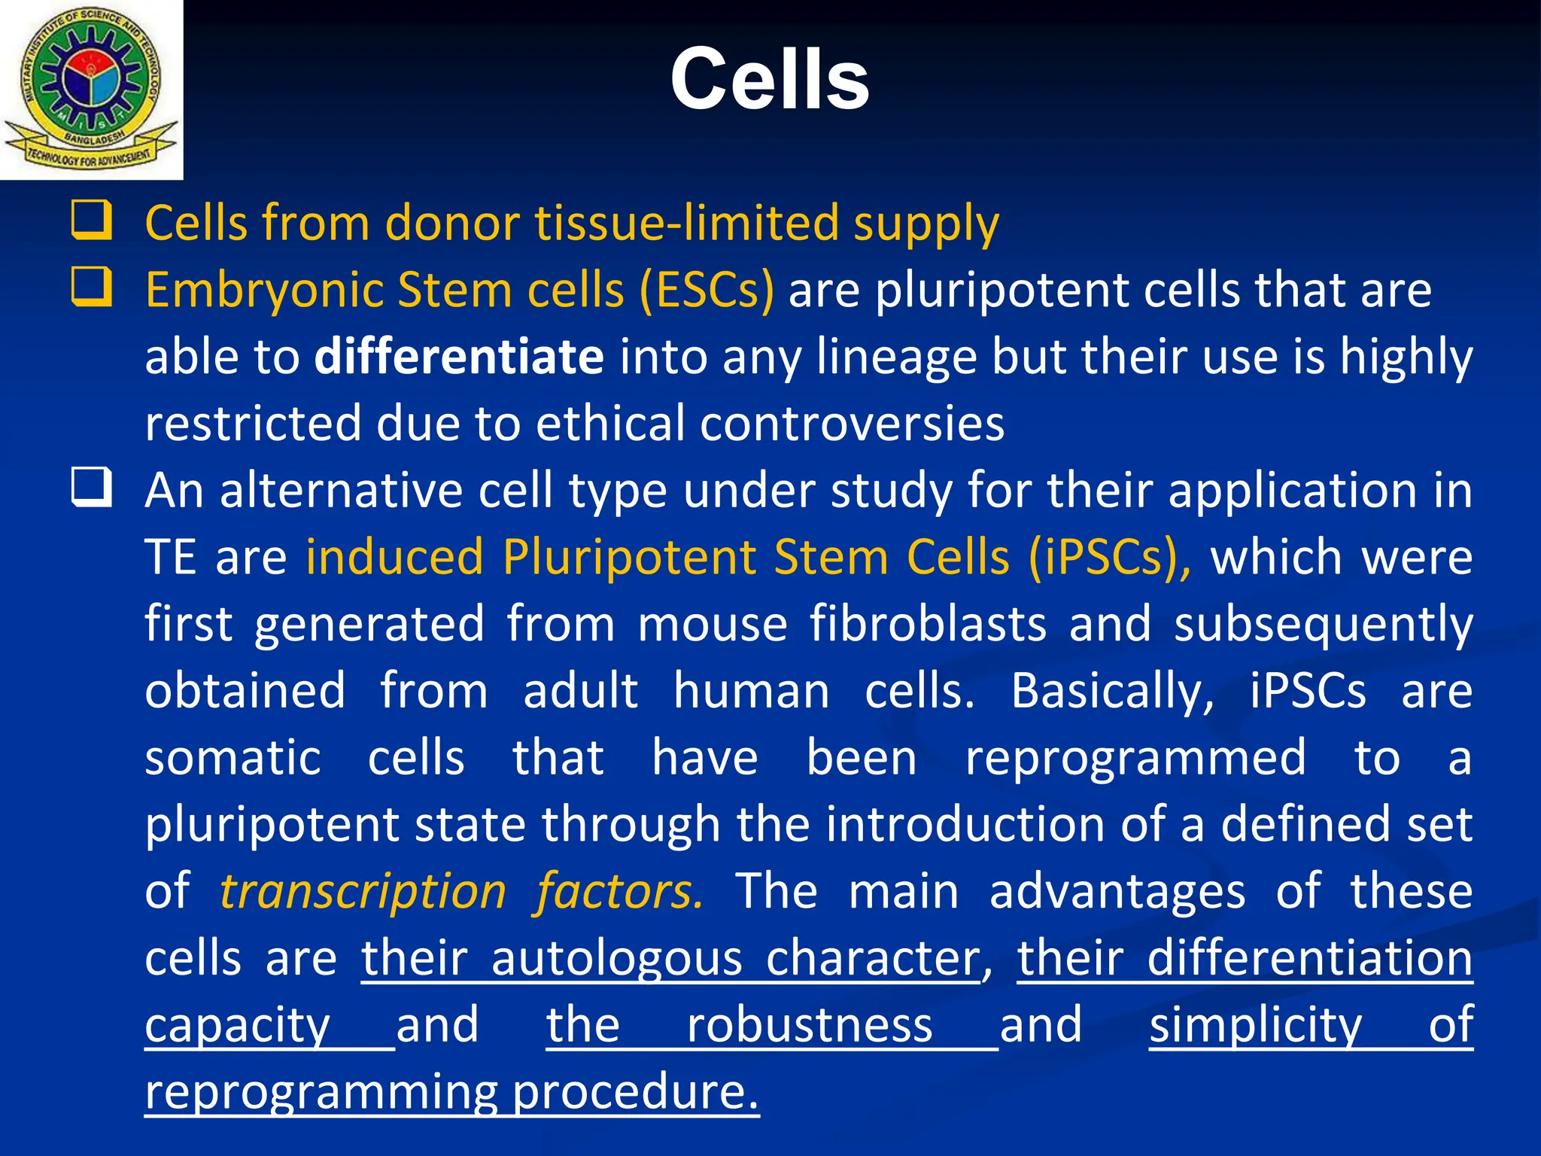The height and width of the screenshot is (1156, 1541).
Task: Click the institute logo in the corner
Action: pyautogui.click(x=91, y=90)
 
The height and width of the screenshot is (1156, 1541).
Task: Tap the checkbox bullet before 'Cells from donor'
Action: pyautogui.click(x=92, y=220)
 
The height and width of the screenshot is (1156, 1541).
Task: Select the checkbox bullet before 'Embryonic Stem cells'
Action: pyautogui.click(x=92, y=287)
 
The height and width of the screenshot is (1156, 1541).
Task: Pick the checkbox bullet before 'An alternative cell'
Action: pyautogui.click(x=92, y=487)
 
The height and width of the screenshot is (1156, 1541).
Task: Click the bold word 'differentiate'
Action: pyautogui.click(x=459, y=356)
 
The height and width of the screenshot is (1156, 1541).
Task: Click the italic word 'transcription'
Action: pyautogui.click(x=363, y=891)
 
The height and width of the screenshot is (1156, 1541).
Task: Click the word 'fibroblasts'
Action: pyautogui.click(x=928, y=623)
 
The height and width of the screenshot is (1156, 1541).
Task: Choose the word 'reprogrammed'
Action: pyautogui.click(x=1135, y=757)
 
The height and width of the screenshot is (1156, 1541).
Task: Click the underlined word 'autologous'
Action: pyautogui.click(x=616, y=960)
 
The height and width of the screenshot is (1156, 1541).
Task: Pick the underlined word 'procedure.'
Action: pyautogui.click(x=636, y=1093)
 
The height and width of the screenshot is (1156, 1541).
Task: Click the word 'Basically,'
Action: pyautogui.click(x=1112, y=691)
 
